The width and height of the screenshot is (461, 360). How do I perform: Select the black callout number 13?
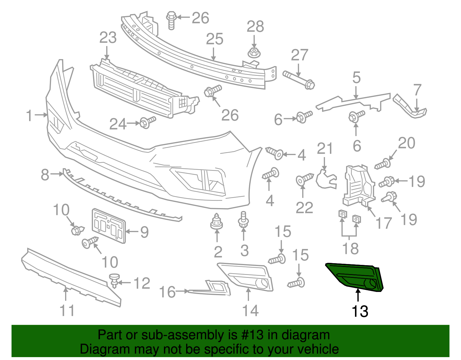[360, 312]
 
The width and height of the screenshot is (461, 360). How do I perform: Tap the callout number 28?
[255, 27]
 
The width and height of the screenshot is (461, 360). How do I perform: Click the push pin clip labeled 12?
[114, 280]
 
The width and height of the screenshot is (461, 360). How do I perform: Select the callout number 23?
[108, 38]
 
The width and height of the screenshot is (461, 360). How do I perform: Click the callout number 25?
[215, 39]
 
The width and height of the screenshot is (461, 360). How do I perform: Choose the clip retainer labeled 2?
[217, 222]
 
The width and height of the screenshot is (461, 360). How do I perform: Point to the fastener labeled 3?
[244, 219]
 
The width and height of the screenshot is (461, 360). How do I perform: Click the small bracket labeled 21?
[326, 179]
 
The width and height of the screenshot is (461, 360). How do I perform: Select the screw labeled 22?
[304, 179]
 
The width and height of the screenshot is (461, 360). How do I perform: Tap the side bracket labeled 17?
[359, 184]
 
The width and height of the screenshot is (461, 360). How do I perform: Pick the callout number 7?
[417, 90]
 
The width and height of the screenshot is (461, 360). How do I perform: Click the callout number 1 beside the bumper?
[29, 116]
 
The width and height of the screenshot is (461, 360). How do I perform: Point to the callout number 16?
[167, 292]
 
